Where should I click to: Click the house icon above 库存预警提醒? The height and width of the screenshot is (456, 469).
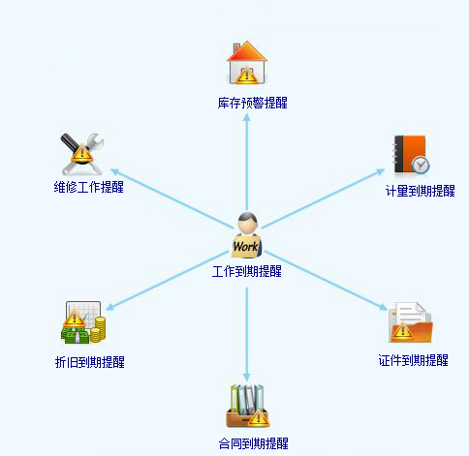click(247, 62)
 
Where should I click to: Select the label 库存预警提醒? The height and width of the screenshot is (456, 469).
click(252, 103)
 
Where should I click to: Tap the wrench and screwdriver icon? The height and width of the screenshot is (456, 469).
click(82, 154)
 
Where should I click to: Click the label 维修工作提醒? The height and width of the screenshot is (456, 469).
click(88, 187)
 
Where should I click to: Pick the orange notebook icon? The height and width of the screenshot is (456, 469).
click(410, 154)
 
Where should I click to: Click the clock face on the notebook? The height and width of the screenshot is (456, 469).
click(421, 166)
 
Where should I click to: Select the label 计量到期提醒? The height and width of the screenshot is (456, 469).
click(421, 191)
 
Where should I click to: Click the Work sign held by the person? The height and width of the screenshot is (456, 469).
click(246, 247)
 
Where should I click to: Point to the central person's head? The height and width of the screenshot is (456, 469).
click(247, 223)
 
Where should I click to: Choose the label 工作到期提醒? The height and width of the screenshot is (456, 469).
click(247, 271)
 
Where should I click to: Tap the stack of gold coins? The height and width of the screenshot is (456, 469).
click(98, 330)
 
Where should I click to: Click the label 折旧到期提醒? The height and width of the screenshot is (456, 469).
click(90, 362)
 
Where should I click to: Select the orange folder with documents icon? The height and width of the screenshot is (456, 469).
click(410, 322)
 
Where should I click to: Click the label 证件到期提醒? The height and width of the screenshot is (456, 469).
click(414, 360)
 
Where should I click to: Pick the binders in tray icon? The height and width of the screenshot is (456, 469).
click(247, 406)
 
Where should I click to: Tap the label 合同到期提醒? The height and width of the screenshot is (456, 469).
click(254, 443)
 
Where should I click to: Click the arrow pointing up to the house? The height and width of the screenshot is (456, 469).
click(247, 162)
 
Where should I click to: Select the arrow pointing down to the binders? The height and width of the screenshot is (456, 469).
click(247, 335)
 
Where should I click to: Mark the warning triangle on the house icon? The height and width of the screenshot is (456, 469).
click(246, 76)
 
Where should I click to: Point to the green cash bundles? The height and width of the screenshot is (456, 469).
click(76, 336)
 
